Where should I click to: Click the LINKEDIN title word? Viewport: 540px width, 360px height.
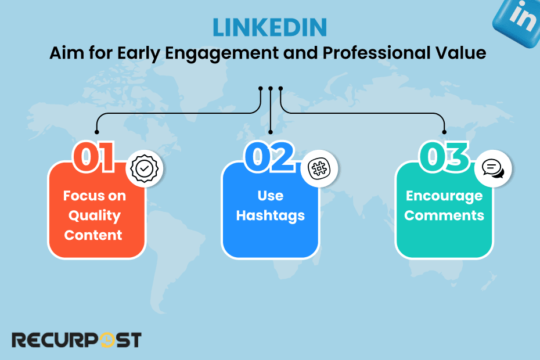(269, 27)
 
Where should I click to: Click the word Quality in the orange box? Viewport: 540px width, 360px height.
(94, 215)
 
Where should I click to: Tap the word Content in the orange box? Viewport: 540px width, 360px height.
(93, 235)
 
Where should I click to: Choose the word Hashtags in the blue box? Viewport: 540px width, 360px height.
(271, 215)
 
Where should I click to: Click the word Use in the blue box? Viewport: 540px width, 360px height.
(270, 196)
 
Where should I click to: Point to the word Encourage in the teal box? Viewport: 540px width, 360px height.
(444, 196)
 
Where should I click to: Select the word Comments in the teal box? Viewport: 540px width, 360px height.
(444, 215)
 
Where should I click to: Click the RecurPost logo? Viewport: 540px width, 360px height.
(77, 340)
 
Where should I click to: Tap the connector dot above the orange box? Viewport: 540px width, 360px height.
(96, 132)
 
